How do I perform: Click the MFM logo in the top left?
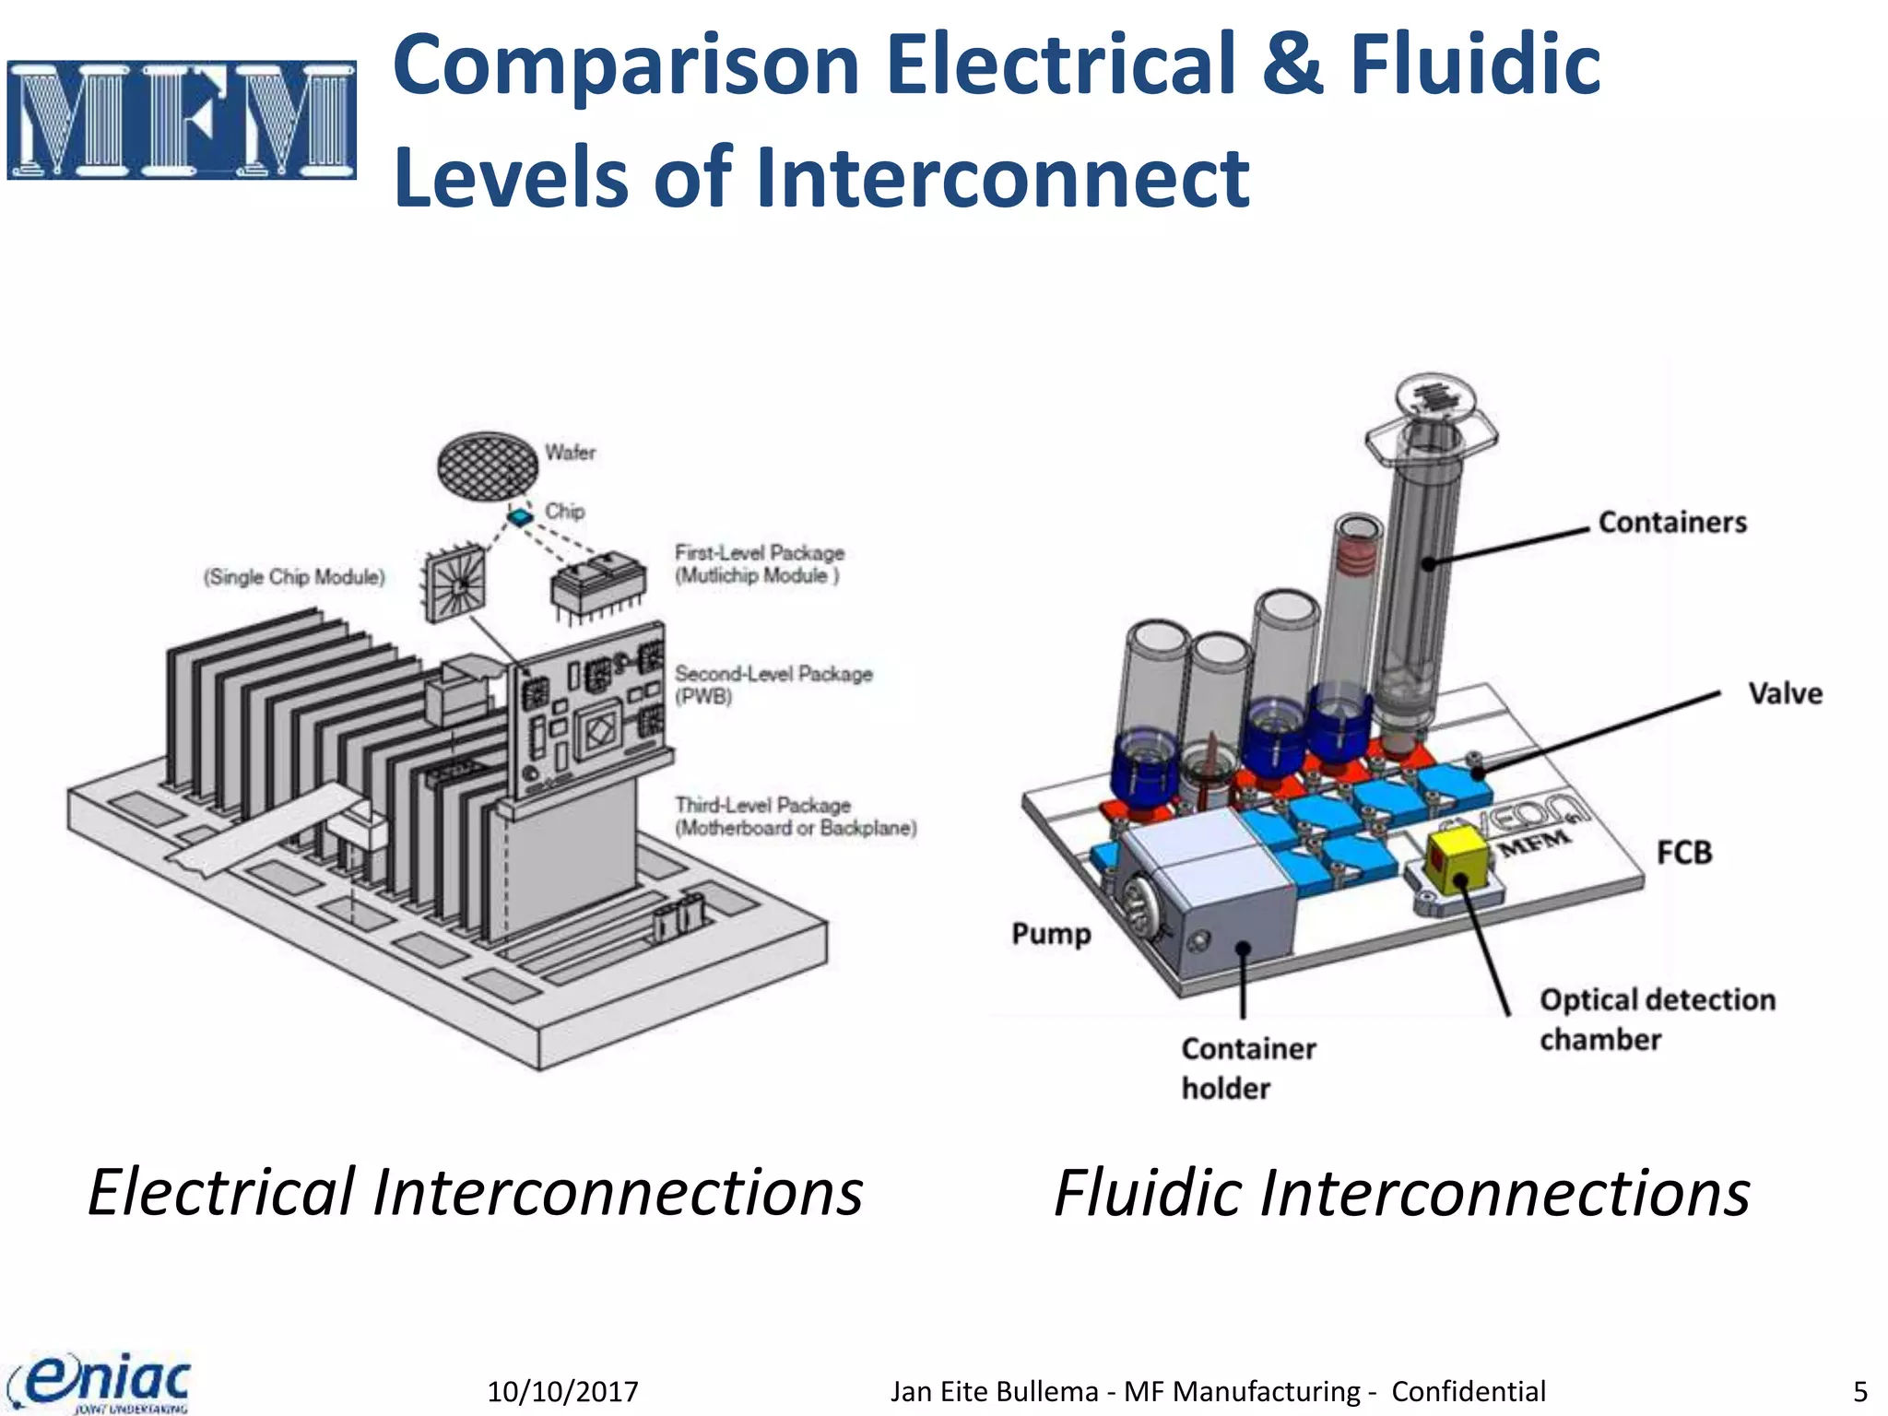click(182, 120)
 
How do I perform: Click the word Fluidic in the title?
click(1474, 65)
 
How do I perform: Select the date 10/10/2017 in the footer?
click(562, 1391)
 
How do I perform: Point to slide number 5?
click(1859, 1391)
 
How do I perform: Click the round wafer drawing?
click(487, 465)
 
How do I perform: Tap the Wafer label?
click(570, 453)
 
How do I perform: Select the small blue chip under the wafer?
click(522, 516)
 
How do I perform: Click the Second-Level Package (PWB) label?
click(773, 685)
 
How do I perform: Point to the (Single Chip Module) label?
click(294, 577)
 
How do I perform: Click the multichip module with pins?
click(597, 585)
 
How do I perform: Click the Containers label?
click(1672, 523)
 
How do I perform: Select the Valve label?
click(1785, 693)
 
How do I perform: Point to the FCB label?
click(1683, 853)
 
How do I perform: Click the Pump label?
click(1051, 934)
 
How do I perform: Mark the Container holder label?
click(1247, 1068)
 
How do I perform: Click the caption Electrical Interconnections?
click(475, 1192)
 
